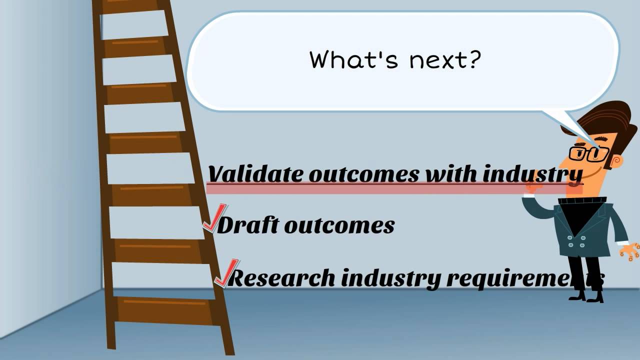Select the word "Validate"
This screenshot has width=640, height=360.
click(256, 174)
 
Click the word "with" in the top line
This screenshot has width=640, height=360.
click(451, 173)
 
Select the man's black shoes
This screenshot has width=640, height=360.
click(585, 295)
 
